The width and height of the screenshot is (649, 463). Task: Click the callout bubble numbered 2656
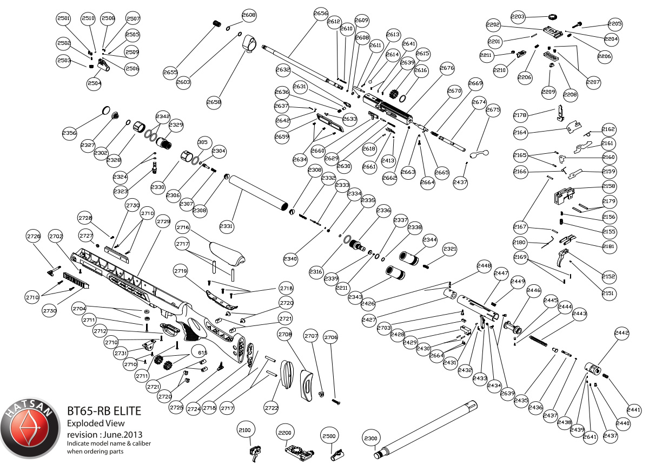321,13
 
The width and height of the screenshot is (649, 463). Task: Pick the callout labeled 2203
518,17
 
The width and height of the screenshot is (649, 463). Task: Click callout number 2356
69,133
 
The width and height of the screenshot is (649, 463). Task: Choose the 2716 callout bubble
183,227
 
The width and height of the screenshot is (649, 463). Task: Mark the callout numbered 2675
493,109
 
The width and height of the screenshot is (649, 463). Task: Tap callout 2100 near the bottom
245,430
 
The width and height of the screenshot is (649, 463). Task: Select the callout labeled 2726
34,236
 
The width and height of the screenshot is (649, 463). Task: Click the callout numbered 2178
520,115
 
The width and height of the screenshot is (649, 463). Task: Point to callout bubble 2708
285,335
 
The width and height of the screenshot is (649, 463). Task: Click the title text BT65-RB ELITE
104,412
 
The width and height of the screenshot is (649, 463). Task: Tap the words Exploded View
95,423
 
